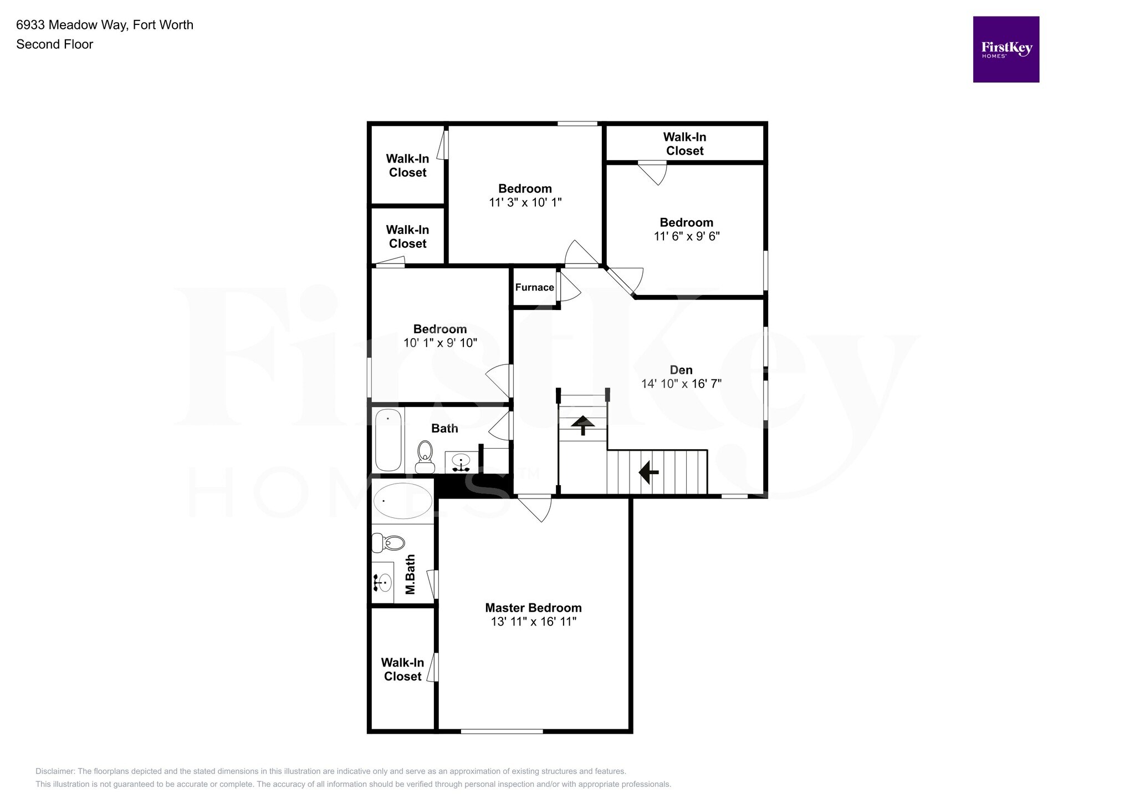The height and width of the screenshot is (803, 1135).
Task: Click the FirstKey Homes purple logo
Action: click(x=1005, y=49)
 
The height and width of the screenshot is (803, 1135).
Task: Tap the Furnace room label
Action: click(x=534, y=287)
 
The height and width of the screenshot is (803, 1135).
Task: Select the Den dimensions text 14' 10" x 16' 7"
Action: click(x=681, y=384)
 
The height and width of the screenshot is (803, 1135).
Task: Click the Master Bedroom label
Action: click(x=533, y=608)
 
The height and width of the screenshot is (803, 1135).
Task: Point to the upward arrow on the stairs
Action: click(x=582, y=424)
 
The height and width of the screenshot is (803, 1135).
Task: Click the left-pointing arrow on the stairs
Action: click(x=648, y=472)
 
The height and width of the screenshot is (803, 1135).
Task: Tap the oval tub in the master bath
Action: click(x=403, y=501)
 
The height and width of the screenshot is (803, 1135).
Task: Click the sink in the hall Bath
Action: click(x=461, y=461)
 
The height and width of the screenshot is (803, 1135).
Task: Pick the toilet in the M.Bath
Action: click(x=388, y=542)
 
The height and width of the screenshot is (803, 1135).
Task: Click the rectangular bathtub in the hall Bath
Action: click(x=388, y=439)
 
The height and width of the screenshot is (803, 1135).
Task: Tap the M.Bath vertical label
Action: click(x=410, y=575)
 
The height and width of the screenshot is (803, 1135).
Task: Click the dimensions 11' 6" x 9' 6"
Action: click(x=687, y=236)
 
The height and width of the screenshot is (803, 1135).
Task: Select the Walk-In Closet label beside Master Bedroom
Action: click(x=402, y=669)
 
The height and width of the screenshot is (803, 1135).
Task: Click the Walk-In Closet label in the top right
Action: click(x=684, y=144)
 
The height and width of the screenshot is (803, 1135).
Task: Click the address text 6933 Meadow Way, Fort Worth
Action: click(x=105, y=25)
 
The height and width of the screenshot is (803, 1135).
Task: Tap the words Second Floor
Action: click(x=54, y=44)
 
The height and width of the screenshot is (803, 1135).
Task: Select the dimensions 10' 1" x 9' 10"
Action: click(x=440, y=343)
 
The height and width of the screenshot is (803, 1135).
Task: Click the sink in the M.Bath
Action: click(x=382, y=582)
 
